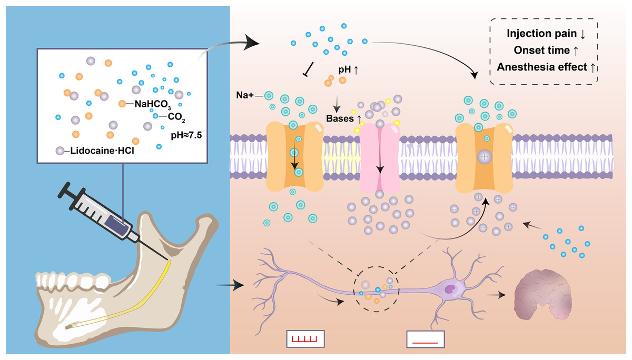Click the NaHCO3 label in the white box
pos(152,104)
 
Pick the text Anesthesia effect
pos(540,67)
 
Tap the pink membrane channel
pos(379,158)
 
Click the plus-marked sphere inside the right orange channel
pos(485,156)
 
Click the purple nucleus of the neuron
pos(451,288)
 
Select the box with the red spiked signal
pos(305,339)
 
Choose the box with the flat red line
pos(424,340)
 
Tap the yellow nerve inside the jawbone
pos(153,295)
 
